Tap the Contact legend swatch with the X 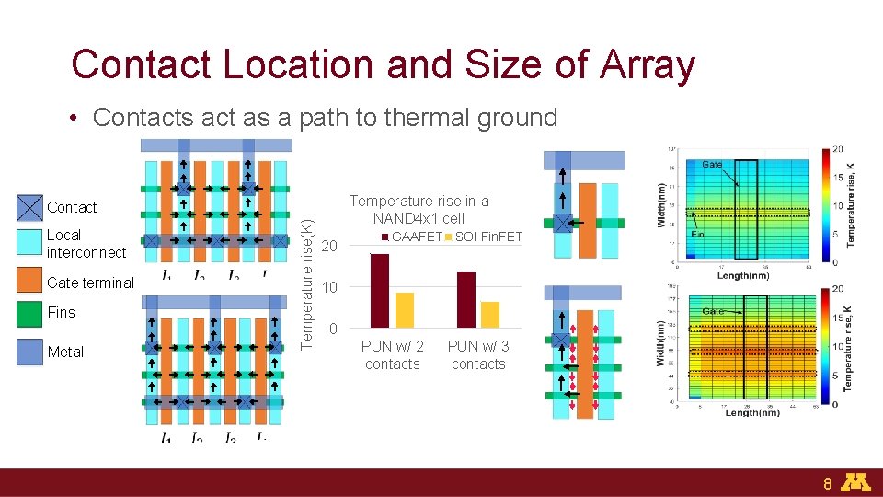coord(30,208)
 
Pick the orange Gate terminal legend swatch coord(30,281)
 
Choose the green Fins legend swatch coord(30,313)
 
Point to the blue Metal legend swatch coord(30,352)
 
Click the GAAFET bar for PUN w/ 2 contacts coord(379,290)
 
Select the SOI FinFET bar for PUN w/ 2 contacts coord(404,310)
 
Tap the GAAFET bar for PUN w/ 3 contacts coord(465,299)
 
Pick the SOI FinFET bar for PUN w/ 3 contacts coord(490,315)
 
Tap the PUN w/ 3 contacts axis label coord(477,355)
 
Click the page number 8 coord(828,483)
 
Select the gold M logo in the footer coord(857,482)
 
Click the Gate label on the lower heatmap coord(713,311)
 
